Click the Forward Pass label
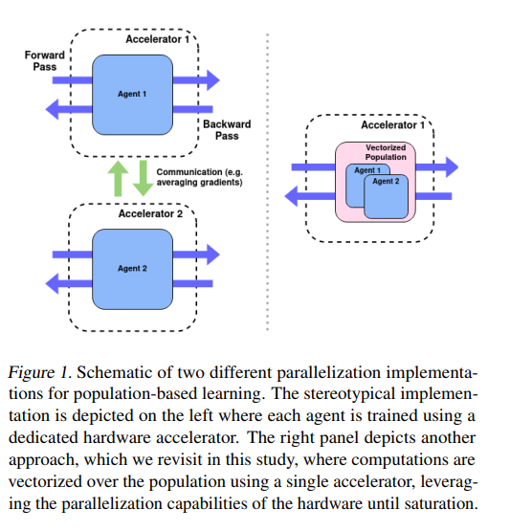click(44, 60)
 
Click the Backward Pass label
click(227, 130)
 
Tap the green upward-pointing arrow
click(118, 178)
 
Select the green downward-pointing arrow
click(144, 178)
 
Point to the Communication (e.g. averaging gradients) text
click(199, 177)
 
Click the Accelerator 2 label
click(150, 213)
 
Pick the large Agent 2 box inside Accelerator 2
click(132, 269)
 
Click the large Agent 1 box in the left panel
click(132, 95)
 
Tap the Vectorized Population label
click(386, 152)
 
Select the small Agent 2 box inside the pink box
click(386, 197)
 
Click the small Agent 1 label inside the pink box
click(367, 170)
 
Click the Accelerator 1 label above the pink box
click(393, 125)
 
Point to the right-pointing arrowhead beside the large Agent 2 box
click(213, 254)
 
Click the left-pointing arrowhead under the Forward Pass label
click(52, 109)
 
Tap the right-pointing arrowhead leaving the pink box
click(452, 166)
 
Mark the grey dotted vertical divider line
click(268, 182)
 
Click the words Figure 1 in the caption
click(39, 373)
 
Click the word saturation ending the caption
click(441, 503)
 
